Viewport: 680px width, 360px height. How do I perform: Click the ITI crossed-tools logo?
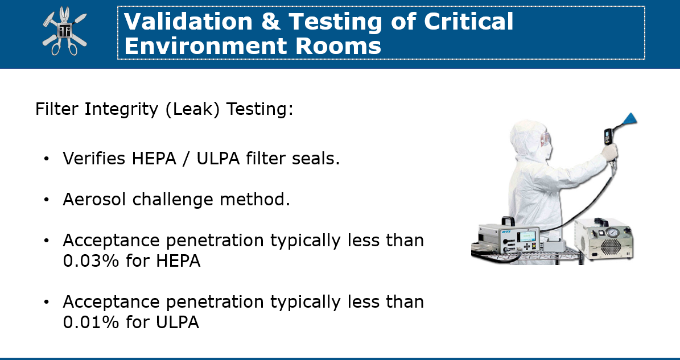[x=65, y=31]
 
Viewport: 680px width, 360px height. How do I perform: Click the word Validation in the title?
[x=188, y=21]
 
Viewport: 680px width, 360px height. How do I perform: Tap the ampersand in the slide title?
[x=271, y=21]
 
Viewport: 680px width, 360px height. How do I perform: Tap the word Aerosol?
[x=94, y=199]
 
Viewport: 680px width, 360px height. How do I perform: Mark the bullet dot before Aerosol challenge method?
[x=47, y=200]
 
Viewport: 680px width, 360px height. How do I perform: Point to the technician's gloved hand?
[x=609, y=152]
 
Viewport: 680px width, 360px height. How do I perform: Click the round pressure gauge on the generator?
[x=612, y=233]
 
